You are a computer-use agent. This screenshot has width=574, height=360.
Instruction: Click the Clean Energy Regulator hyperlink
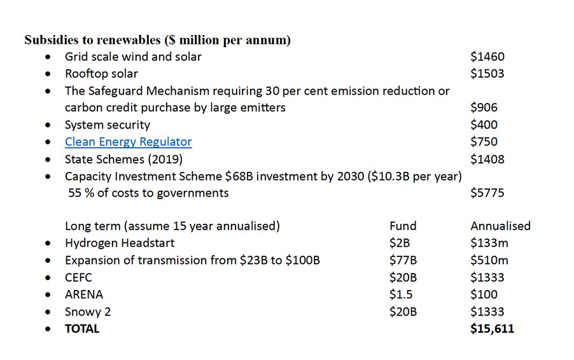pos(128,142)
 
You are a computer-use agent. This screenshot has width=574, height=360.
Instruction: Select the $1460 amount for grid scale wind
pos(487,57)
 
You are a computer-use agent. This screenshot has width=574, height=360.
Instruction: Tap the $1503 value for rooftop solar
pos(487,74)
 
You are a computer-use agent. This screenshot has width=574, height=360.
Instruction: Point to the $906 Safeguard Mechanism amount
pos(484,107)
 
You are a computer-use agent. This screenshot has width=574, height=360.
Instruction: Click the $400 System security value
pos(484,125)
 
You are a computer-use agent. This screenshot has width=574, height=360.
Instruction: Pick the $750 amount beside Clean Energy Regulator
pos(484,142)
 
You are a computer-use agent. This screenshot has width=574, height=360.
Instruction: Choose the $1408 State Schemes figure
pos(487,159)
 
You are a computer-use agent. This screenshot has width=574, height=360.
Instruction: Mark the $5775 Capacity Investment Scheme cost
pos(487,193)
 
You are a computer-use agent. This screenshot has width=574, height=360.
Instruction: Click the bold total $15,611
pos(492,329)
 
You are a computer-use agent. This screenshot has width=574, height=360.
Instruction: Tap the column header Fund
pos(403,226)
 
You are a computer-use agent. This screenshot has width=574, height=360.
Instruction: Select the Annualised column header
pos(500,226)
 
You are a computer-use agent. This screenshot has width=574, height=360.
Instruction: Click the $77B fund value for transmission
pos(403,260)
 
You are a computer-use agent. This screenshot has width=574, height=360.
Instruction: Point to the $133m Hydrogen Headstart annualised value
pos(489,243)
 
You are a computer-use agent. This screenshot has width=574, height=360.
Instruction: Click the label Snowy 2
pos(88,312)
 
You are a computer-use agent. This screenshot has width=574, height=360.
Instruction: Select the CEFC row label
pos(78,277)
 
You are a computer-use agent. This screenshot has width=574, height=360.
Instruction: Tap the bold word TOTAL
pos(82,329)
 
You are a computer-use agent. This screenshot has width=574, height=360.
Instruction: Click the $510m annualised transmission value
pos(489,260)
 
